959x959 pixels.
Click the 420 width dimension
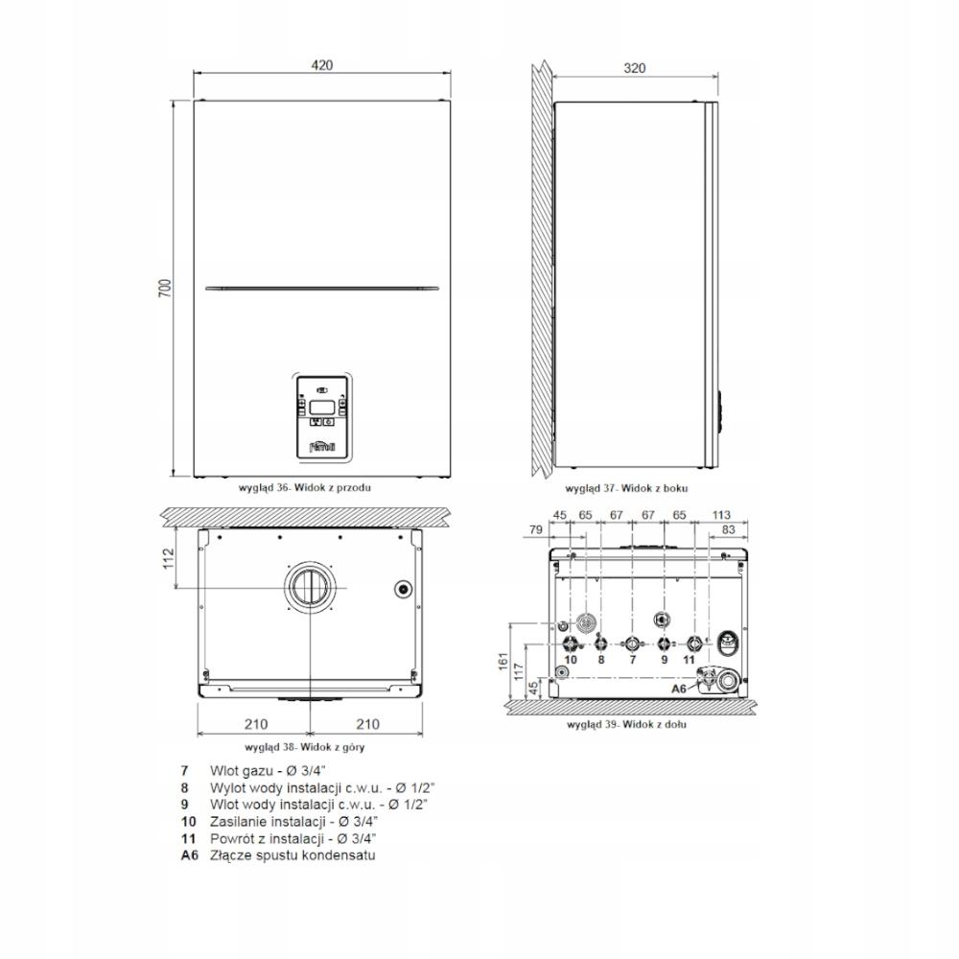pyautogui.click(x=321, y=65)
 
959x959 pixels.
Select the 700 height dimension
pyautogui.click(x=166, y=288)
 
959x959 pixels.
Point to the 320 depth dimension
pyautogui.click(x=634, y=68)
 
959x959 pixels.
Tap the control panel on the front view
pyautogui.click(x=322, y=416)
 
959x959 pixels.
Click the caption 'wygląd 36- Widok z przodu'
pyautogui.click(x=305, y=487)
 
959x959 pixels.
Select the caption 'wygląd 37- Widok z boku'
pyautogui.click(x=626, y=488)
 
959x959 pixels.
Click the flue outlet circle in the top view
pyautogui.click(x=310, y=587)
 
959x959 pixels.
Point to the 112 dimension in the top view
pyautogui.click(x=168, y=558)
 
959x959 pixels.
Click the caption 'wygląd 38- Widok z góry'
pyautogui.click(x=305, y=747)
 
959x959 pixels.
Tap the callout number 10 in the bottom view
pyautogui.click(x=571, y=660)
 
